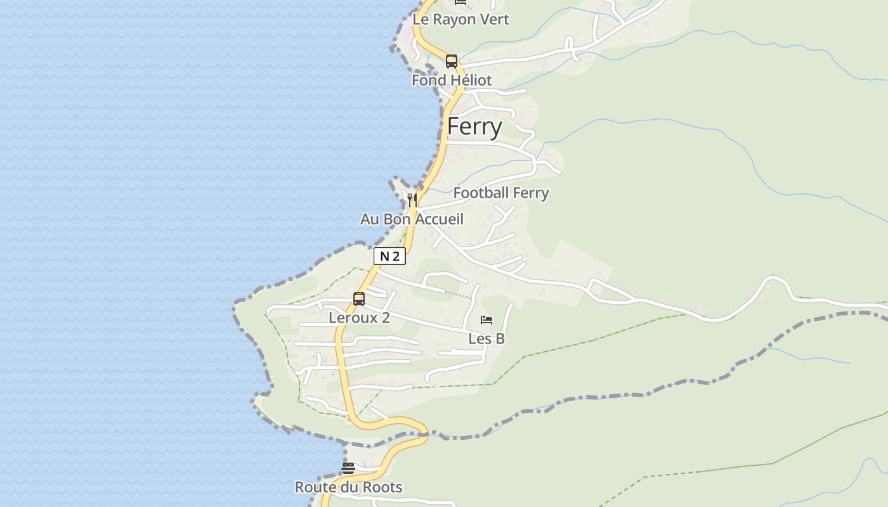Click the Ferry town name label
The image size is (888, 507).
474,127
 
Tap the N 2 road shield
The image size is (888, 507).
389,256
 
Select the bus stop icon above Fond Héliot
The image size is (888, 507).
452,61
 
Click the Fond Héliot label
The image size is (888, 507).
452,80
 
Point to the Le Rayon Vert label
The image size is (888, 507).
460,20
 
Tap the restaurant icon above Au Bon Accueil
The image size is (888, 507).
412,200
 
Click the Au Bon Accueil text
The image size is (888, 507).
412,219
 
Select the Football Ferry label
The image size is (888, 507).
501,193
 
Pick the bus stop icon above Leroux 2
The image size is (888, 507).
359,298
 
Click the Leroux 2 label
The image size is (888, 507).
359,318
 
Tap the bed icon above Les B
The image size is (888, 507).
486,320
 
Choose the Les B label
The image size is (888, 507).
486,339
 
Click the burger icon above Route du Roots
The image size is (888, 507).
348,468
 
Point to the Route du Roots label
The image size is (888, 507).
348,487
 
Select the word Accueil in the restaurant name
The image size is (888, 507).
440,219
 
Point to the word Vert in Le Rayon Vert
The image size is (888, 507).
495,20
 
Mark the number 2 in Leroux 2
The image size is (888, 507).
385,318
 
